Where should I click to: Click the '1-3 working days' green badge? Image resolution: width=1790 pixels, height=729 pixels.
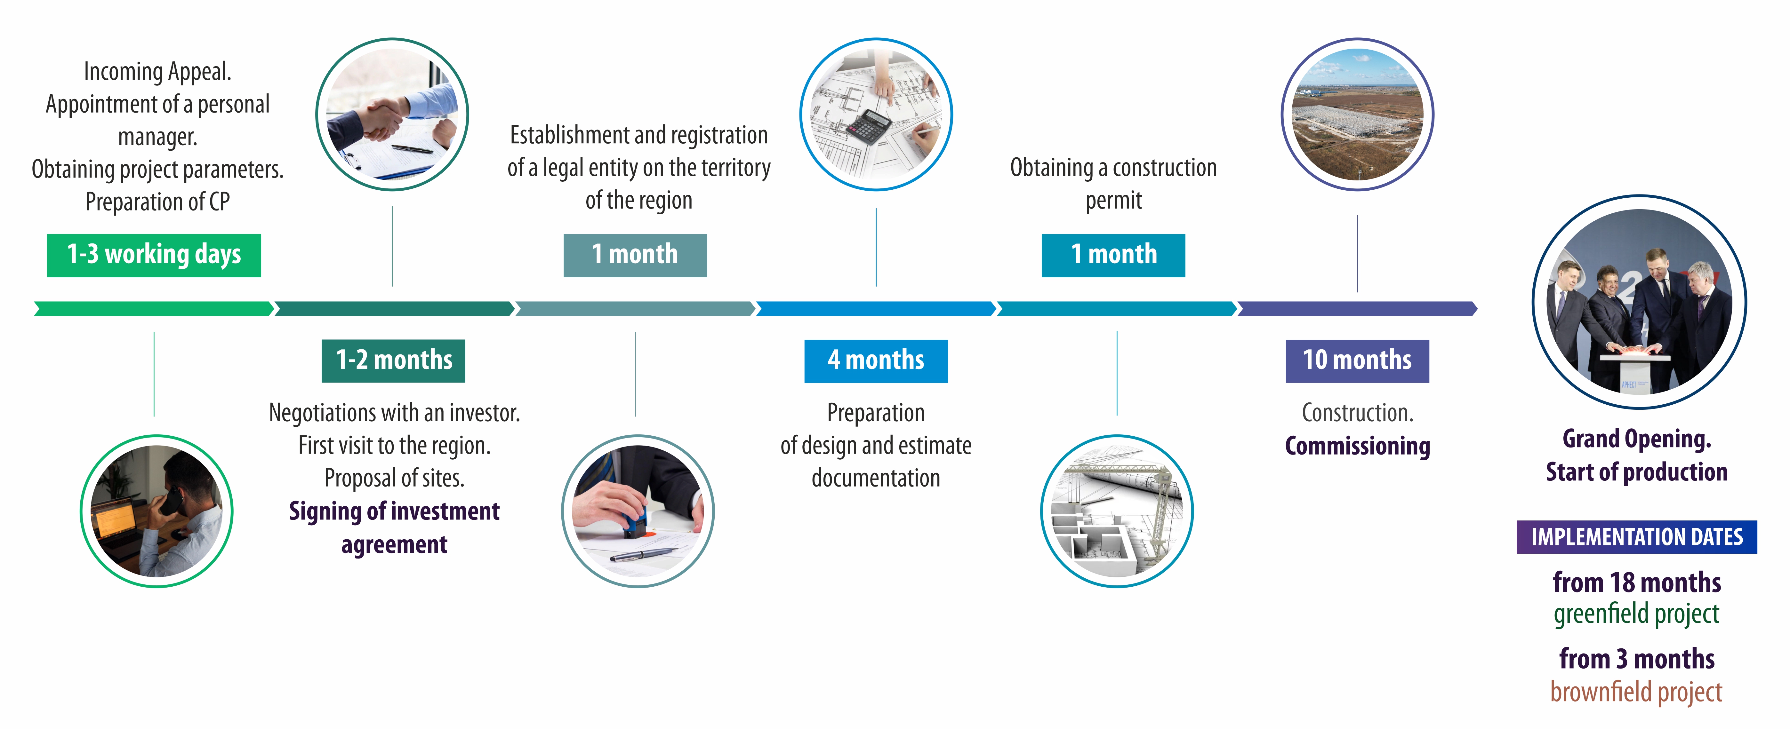click(x=154, y=256)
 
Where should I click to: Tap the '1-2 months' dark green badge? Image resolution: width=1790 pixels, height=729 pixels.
click(x=393, y=361)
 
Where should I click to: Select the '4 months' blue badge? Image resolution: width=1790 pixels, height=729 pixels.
click(x=876, y=361)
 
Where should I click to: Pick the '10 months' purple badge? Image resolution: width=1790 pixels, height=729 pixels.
click(x=1357, y=361)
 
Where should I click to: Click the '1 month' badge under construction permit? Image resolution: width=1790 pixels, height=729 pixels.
click(x=1113, y=256)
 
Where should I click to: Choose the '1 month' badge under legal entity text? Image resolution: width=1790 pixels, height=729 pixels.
click(x=635, y=256)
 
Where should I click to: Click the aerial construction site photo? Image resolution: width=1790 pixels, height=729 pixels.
click(x=1357, y=115)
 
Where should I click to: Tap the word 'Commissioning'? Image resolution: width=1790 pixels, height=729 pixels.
click(x=1357, y=446)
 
